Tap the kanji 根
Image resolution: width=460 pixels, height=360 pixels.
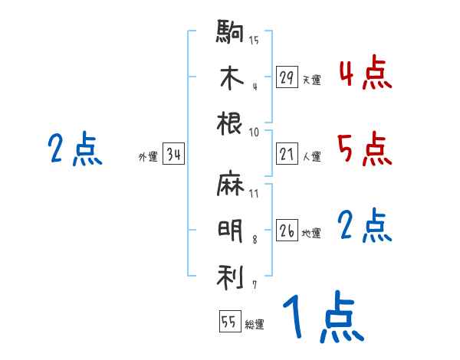(231, 123)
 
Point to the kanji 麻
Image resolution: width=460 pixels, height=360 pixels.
(231, 185)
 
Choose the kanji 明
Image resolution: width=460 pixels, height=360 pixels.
(231, 231)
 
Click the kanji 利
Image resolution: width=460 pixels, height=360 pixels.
(231, 276)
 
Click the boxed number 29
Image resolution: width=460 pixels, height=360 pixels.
(287, 77)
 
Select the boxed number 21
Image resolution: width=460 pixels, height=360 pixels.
(287, 154)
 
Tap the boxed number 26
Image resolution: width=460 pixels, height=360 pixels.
(287, 231)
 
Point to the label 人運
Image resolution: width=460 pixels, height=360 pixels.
(311, 156)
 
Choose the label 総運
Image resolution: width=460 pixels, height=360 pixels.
(255, 324)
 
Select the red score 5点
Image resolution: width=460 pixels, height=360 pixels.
(365, 149)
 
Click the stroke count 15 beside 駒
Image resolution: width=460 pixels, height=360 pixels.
(254, 40)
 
